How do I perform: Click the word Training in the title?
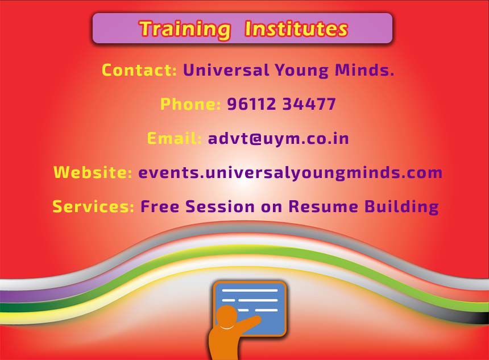pos(185,30)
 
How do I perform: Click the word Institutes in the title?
pos(296,28)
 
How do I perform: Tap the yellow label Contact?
pos(139,69)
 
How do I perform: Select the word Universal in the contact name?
pos(226,69)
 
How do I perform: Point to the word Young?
pos(301,71)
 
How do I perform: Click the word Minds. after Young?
pos(364,69)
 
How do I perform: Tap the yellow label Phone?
pos(190,104)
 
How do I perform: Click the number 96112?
pos(252,104)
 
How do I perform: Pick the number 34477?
pos(309,104)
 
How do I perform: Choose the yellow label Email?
pos(175,138)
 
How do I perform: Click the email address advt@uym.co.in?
pos(278,139)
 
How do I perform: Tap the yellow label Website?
pos(93,172)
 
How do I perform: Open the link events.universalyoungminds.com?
pos(291,173)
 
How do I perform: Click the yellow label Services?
pos(93,206)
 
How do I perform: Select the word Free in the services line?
pos(160,206)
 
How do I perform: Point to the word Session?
pos(220,206)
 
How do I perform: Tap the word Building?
pos(401,207)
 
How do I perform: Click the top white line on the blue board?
pos(250,291)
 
